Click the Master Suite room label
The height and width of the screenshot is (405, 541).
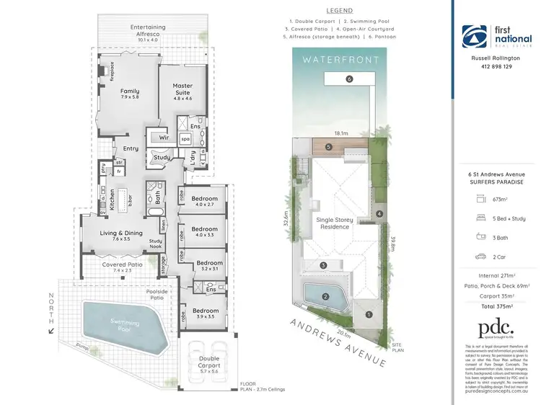[182, 90]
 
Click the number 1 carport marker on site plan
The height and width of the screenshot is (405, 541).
[369, 313]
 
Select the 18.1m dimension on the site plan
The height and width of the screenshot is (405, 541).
[341, 133]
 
